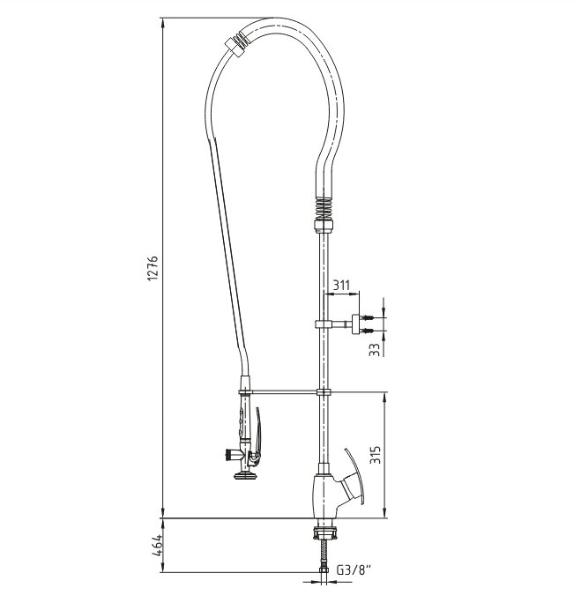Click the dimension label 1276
click(153, 268)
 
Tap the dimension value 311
click(341, 286)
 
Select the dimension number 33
click(374, 349)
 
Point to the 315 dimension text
click(375, 455)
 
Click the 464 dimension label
click(158, 546)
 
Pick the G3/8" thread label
click(354, 569)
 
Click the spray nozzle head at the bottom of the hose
click(246, 476)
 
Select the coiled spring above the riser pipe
click(324, 209)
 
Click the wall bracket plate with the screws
click(355, 324)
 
